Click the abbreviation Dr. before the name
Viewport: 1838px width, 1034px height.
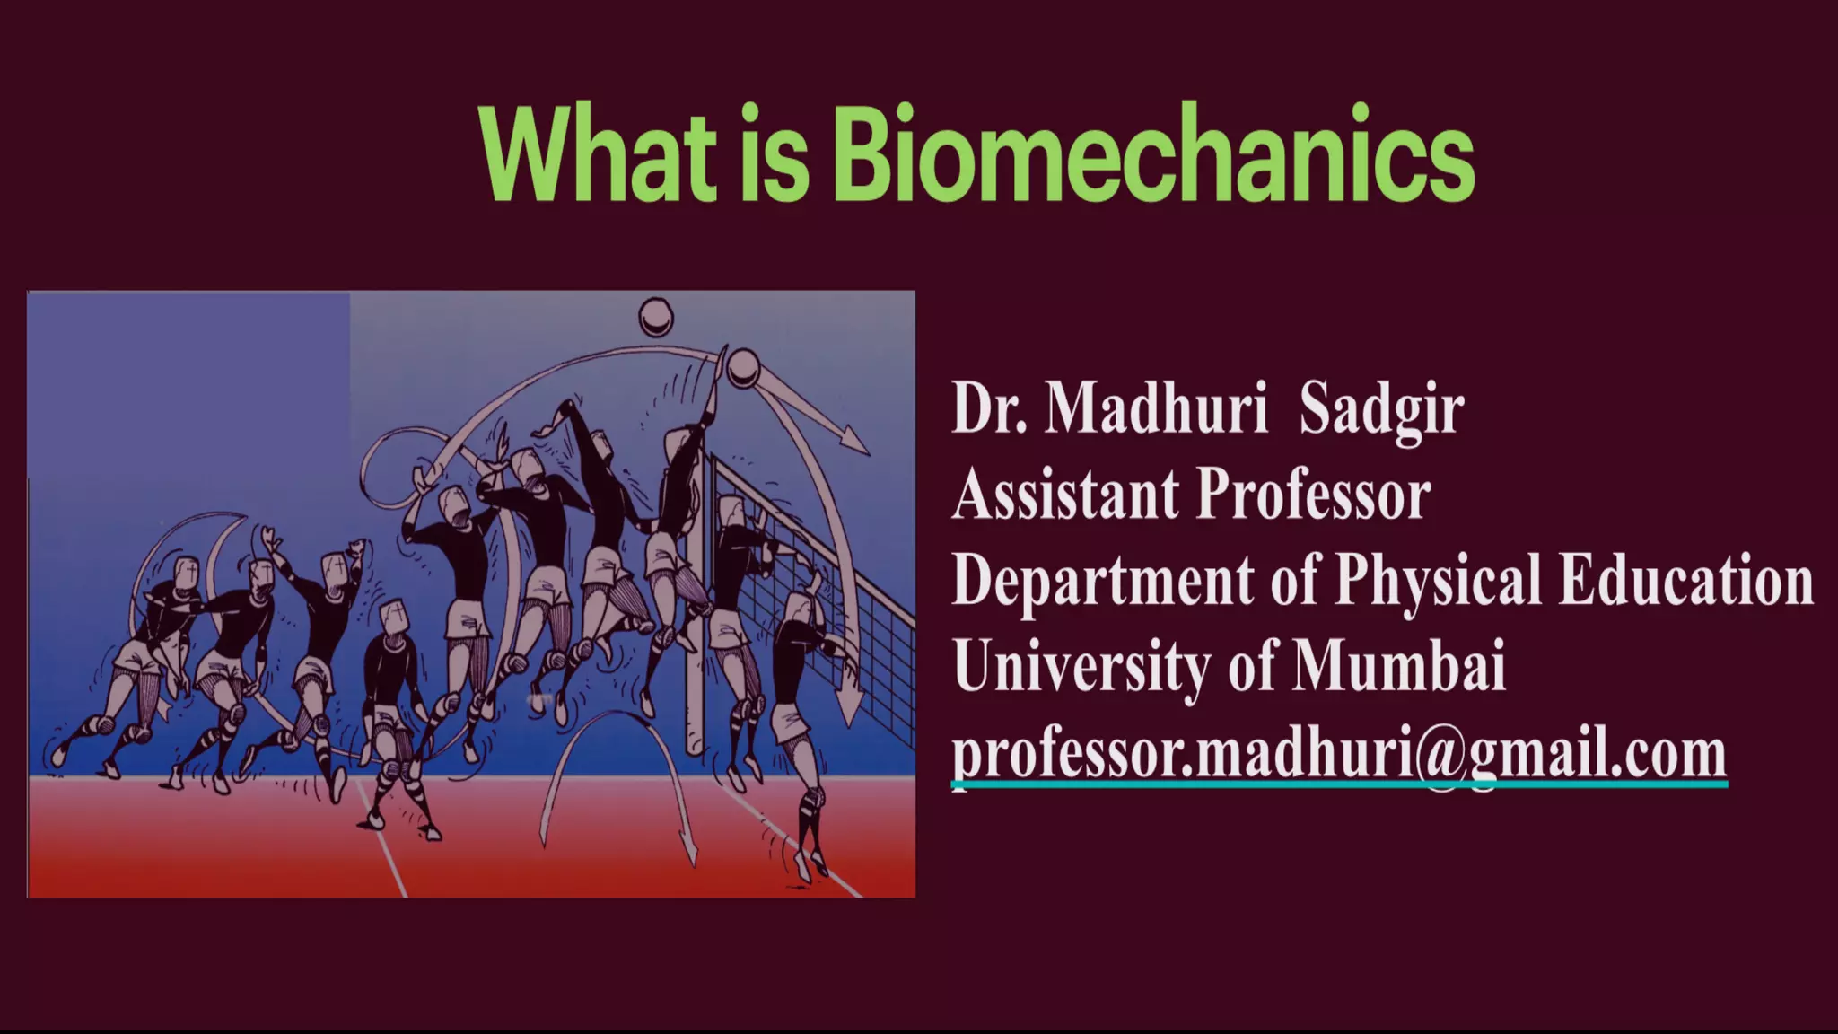(x=989, y=408)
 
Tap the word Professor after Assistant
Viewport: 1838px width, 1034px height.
(x=1314, y=495)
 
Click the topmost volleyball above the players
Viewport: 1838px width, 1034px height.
(x=655, y=317)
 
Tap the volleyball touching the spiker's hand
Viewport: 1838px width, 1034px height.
(x=743, y=368)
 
